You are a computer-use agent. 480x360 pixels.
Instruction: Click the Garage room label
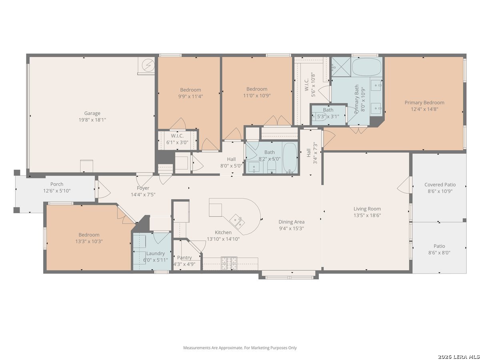click(x=92, y=113)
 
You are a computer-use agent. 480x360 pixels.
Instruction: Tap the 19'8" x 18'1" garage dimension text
click(x=92, y=120)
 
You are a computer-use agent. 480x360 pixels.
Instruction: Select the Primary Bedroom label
click(x=424, y=102)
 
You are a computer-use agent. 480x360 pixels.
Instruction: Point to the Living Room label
click(x=367, y=209)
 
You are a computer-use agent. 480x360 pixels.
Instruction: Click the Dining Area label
click(x=291, y=222)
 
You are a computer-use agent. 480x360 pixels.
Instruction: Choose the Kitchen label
click(x=223, y=232)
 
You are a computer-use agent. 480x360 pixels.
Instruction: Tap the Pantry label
click(x=184, y=258)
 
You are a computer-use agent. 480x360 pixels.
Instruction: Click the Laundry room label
click(x=155, y=254)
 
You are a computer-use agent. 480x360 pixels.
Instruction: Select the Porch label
click(x=57, y=184)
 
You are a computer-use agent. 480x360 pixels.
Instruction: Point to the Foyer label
click(x=143, y=188)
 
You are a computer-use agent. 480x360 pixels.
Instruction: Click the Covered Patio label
click(x=440, y=185)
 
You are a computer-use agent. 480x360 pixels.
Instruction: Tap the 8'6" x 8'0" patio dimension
click(x=439, y=253)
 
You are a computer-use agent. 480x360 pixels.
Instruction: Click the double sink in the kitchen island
click(x=237, y=221)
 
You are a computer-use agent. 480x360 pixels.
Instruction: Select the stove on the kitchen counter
click(x=229, y=263)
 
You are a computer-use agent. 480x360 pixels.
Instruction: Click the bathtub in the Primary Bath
click(x=366, y=67)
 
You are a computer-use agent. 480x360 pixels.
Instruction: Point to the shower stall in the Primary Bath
click(x=341, y=67)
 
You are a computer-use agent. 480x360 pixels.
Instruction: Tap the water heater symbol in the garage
click(x=148, y=65)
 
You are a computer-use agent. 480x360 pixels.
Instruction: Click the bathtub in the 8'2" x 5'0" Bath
click(x=290, y=158)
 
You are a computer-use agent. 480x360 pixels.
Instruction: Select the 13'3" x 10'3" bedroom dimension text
click(x=89, y=241)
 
